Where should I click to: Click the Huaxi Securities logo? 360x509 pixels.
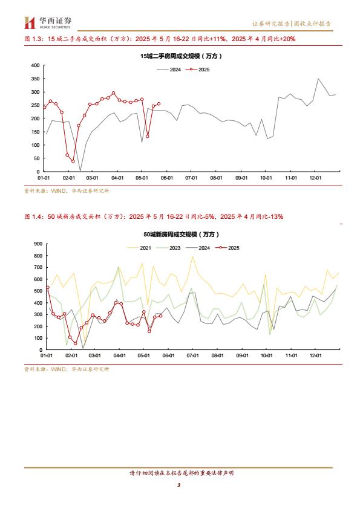[x=48, y=23]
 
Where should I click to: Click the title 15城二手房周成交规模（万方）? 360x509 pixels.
[x=181, y=56]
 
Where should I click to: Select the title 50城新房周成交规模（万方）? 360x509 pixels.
[x=182, y=235]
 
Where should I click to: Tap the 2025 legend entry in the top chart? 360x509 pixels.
[x=198, y=70]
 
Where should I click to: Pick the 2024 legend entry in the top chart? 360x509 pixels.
[x=169, y=70]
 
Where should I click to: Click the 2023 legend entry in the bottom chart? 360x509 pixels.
[x=168, y=248]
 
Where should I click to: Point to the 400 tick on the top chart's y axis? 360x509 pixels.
[x=36, y=65]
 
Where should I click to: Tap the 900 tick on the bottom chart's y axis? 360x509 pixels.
[x=38, y=244]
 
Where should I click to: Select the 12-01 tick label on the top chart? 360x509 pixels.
[x=315, y=178]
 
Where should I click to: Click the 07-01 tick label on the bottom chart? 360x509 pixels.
[x=192, y=355]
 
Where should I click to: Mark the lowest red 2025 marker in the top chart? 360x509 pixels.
[x=73, y=161]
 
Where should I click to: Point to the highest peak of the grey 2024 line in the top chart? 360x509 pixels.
[x=318, y=79]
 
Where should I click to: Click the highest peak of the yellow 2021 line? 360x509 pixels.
[x=192, y=256]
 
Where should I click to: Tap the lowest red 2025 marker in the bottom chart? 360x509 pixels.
[x=76, y=343]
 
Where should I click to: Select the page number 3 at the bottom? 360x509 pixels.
[x=178, y=485]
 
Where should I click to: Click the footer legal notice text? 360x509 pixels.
[x=182, y=473]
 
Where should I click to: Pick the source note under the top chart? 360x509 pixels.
[x=67, y=191]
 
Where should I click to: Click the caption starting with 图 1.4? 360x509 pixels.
[x=154, y=216]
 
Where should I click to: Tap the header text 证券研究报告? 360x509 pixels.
[x=271, y=24]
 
